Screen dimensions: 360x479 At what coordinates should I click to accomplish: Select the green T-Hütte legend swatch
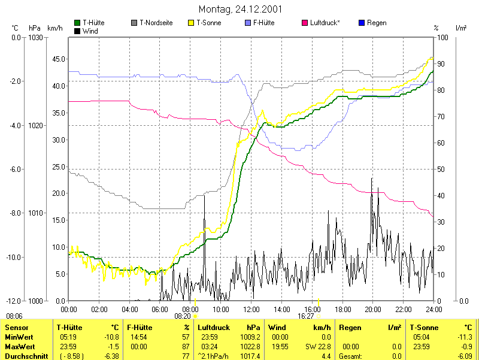pyautogui.click(x=77, y=23)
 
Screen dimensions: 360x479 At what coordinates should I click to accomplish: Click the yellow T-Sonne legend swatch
pyautogui.click(x=192, y=23)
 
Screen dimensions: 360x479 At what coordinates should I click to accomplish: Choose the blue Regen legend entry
pyautogui.click(x=372, y=23)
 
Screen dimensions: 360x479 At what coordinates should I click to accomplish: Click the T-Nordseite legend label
pyautogui.click(x=156, y=23)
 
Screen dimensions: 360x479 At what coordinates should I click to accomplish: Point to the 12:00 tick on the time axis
pyautogui.click(x=251, y=309)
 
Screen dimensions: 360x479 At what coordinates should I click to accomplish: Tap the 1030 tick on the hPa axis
pyautogui.click(x=35, y=37)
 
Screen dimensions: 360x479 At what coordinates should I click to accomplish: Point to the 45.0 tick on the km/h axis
pyautogui.click(x=59, y=59)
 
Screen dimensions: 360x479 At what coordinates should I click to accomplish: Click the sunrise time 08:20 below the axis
pyautogui.click(x=183, y=316)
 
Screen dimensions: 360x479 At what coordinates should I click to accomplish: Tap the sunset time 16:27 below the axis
pyautogui.click(x=306, y=316)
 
